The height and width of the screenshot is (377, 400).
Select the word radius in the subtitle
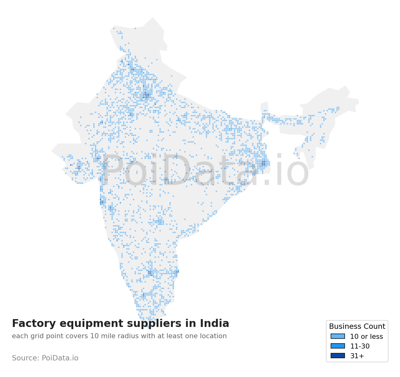pyautogui.click(x=128, y=336)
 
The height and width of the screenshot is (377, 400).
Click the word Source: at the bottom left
pyautogui.click(x=26, y=358)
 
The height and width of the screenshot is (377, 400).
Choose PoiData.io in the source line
pyautogui.click(x=60, y=358)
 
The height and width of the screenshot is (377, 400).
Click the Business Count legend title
pyautogui.click(x=357, y=327)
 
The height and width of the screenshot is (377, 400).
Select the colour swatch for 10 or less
pyautogui.click(x=338, y=336)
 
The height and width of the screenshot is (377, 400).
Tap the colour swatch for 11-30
pyautogui.click(x=338, y=346)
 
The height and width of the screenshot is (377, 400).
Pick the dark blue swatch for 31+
pyautogui.click(x=338, y=356)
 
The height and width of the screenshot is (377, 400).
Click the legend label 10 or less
pyautogui.click(x=366, y=337)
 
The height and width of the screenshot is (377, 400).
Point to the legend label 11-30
pyautogui.click(x=360, y=346)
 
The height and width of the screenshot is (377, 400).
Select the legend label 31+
pyautogui.click(x=357, y=356)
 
